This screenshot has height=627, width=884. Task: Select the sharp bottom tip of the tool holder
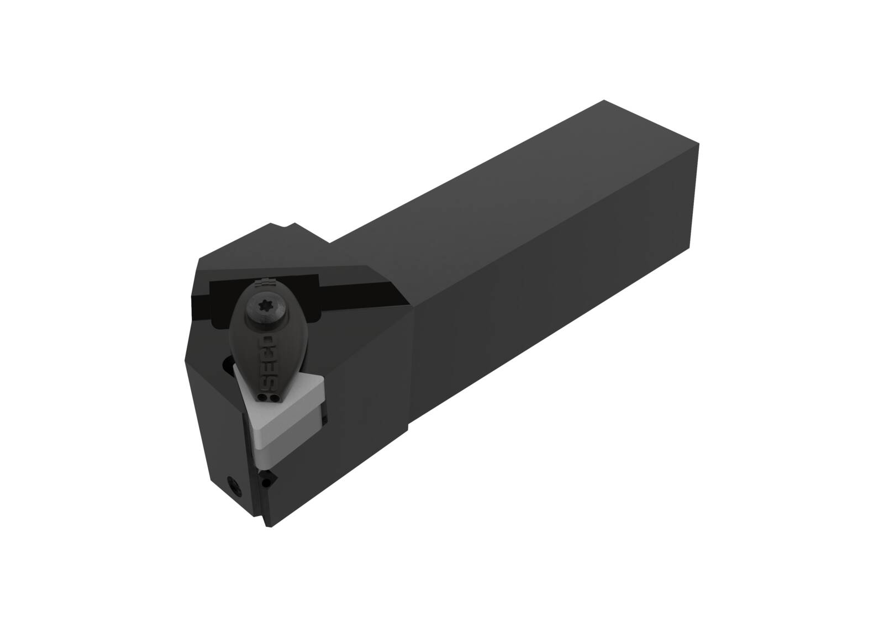click(x=269, y=525)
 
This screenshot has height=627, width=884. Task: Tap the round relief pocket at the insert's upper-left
click(x=228, y=365)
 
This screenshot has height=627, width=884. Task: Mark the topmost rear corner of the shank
click(x=603, y=100)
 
